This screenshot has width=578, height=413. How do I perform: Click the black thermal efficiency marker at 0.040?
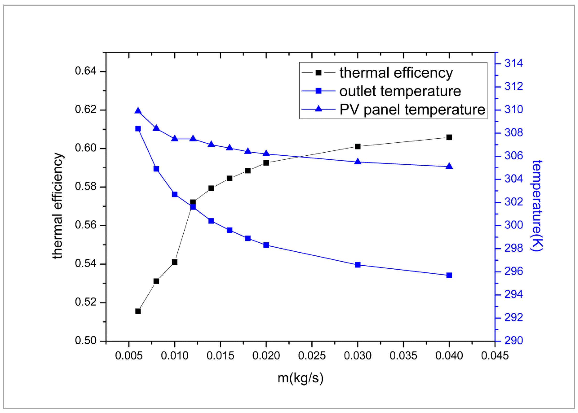pyautogui.click(x=449, y=137)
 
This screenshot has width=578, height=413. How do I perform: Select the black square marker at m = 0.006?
pyautogui.click(x=138, y=311)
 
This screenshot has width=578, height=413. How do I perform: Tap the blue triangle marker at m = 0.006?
pyautogui.click(x=138, y=111)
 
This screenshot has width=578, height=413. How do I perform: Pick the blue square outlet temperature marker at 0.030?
pyautogui.click(x=358, y=265)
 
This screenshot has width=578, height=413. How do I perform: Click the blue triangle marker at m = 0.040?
pyautogui.click(x=449, y=166)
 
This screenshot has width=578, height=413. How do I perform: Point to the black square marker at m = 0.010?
pyautogui.click(x=174, y=262)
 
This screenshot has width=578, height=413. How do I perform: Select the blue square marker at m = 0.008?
pyautogui.click(x=156, y=169)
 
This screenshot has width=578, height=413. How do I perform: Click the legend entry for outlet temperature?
pyautogui.click(x=400, y=91)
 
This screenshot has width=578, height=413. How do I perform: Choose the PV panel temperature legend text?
pyautogui.click(x=412, y=110)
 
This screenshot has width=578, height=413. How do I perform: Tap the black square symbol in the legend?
pyautogui.click(x=318, y=73)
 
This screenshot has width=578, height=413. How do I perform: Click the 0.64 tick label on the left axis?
pyautogui.click(x=85, y=71)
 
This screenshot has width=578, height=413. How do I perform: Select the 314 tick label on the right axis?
pyautogui.click(x=513, y=63)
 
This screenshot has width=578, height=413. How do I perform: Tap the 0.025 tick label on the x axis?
pyautogui.click(x=312, y=356)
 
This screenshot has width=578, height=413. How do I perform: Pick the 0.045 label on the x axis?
pyautogui.click(x=494, y=356)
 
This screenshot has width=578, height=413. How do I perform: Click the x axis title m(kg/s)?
pyautogui.click(x=300, y=378)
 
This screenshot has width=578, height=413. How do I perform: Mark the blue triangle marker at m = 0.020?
pyautogui.click(x=266, y=153)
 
